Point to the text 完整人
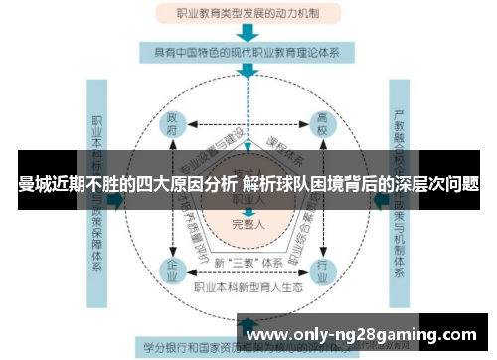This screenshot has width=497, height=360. (247, 224)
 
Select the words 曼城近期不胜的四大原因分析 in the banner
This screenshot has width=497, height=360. (127, 183)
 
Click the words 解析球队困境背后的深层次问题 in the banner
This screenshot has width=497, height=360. (366, 183)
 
